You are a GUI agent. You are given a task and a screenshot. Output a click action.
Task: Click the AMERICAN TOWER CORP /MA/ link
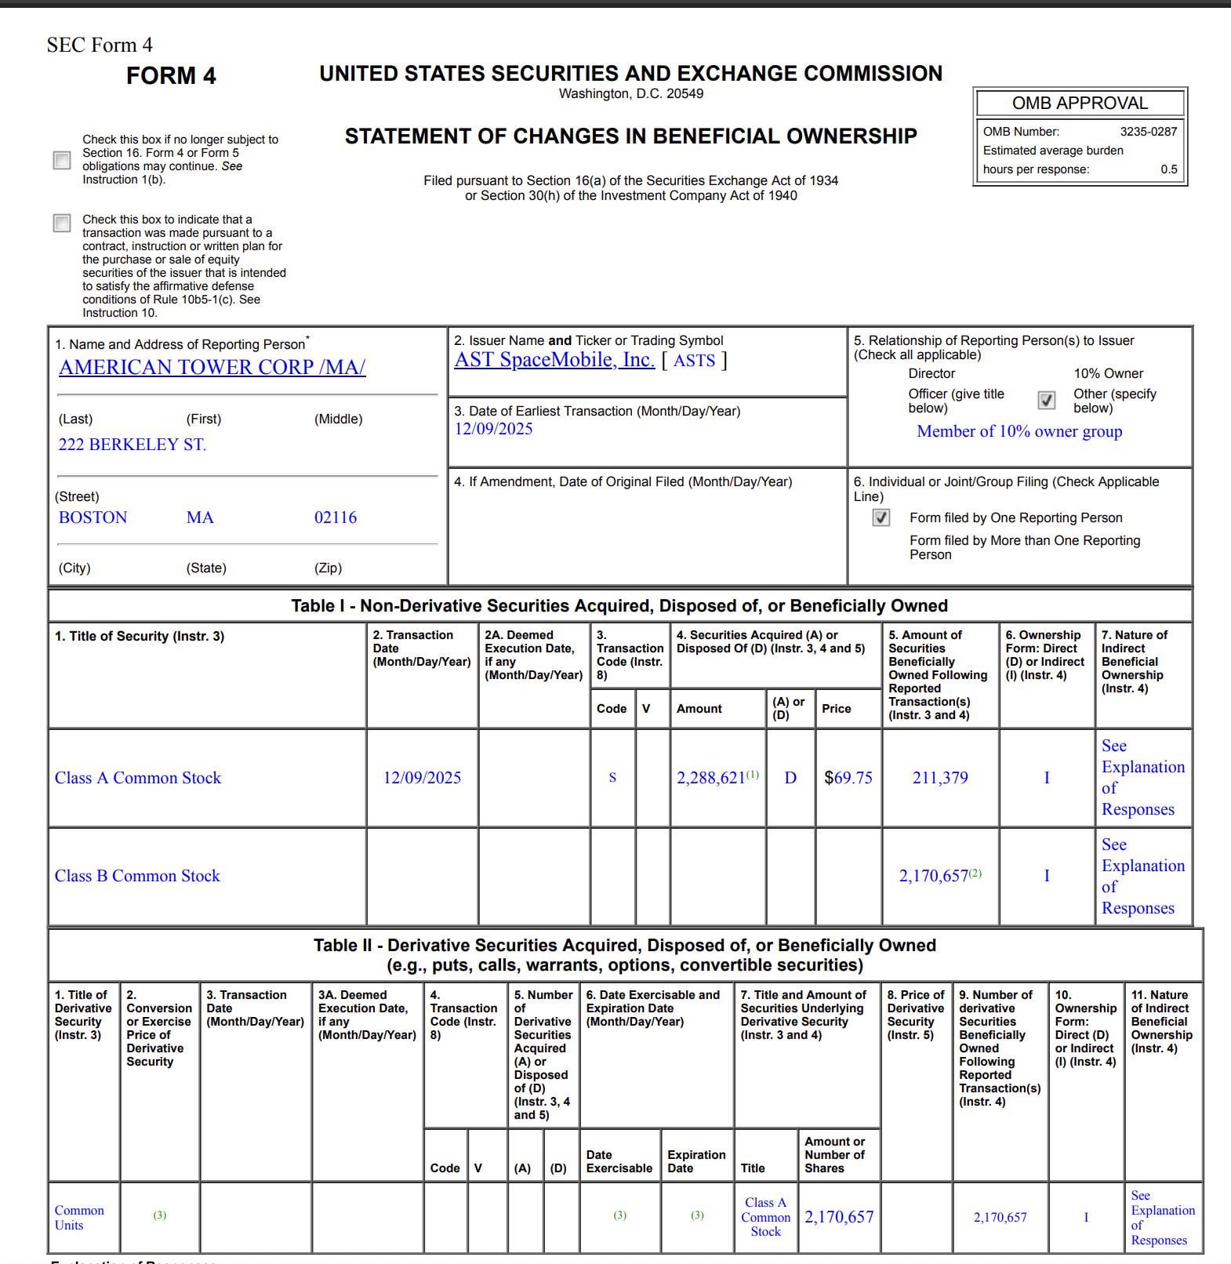(212, 367)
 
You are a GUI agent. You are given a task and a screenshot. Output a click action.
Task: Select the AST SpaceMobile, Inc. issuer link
(554, 360)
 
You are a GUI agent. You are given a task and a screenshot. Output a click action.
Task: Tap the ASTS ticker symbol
(694, 361)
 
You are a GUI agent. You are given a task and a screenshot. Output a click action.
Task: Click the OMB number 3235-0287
(1148, 132)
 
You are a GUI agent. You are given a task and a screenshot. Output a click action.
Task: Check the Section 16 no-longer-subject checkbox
(62, 160)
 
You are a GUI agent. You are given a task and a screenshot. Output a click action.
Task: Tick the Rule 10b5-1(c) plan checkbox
(62, 223)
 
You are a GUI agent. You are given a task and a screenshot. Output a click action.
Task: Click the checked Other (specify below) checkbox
(1046, 401)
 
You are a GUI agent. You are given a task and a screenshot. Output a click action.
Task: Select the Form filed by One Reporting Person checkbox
(881, 518)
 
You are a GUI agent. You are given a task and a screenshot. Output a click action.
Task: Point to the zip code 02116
(336, 518)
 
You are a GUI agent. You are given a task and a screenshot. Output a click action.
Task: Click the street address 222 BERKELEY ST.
(133, 445)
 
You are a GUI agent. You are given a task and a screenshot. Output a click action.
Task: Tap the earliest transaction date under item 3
(493, 429)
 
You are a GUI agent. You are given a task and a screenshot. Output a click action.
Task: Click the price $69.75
(848, 778)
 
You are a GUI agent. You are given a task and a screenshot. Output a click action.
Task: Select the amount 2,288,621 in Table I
(711, 778)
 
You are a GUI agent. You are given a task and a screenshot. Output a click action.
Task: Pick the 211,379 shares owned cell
(939, 778)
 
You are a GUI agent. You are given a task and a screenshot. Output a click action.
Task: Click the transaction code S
(612, 778)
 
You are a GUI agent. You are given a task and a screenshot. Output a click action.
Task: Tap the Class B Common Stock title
(137, 876)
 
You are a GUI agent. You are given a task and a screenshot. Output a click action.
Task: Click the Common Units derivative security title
(79, 1218)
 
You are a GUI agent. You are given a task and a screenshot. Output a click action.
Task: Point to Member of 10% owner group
(1019, 431)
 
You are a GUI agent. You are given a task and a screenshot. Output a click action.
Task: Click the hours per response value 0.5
(1168, 169)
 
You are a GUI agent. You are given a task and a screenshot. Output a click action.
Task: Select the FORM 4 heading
(171, 76)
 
